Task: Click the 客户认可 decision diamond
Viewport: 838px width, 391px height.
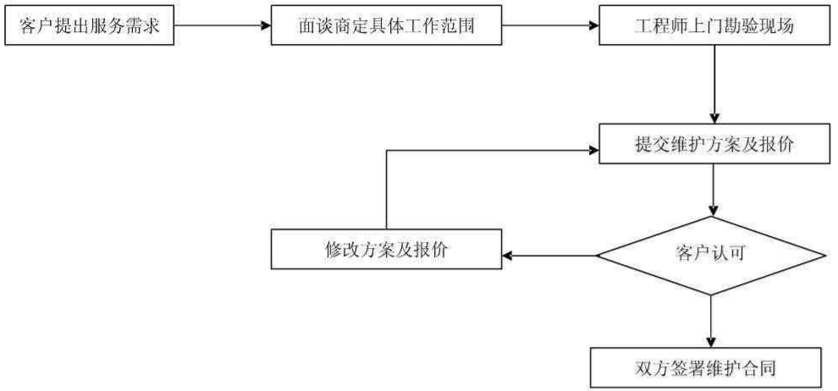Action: (x=711, y=254)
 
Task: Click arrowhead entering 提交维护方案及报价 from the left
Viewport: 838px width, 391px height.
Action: (x=592, y=151)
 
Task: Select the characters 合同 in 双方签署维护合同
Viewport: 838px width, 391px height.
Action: (x=764, y=368)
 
